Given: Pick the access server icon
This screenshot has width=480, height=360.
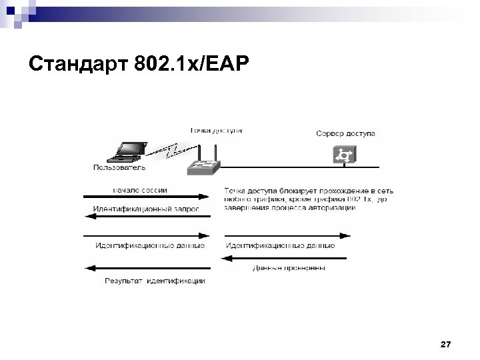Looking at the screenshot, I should tap(345, 155).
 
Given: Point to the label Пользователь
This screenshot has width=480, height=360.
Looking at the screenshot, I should tap(120, 167).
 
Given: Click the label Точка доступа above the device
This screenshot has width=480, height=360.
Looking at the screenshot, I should tap(216, 130).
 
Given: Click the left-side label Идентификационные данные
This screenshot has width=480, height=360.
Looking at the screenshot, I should tap(151, 245).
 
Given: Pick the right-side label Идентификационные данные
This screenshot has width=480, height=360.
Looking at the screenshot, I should tap(281, 245).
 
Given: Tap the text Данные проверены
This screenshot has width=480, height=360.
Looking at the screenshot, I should tap(289, 269).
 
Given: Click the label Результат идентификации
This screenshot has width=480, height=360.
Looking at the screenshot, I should tap(155, 281).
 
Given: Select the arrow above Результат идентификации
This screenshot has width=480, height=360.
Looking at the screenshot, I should tap(147, 268).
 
